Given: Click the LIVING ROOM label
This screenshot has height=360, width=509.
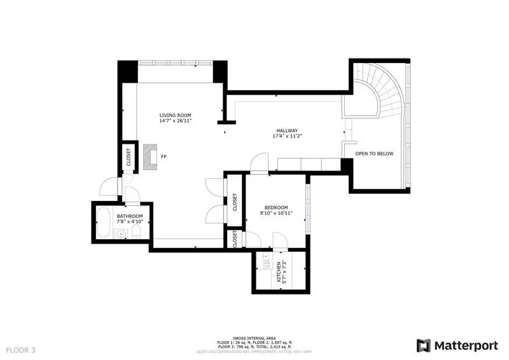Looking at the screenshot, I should point(175,114).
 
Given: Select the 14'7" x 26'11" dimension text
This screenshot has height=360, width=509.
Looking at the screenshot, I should point(175,120).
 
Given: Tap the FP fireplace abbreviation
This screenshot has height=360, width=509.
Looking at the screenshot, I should point(164,156).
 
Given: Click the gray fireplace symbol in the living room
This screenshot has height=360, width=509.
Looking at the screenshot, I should point(150,156).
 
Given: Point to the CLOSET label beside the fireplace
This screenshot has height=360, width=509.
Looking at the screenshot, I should point(128,157).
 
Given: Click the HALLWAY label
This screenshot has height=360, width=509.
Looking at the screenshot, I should point(286,130).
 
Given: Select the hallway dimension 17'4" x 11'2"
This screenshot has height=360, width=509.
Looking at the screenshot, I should point(286,136).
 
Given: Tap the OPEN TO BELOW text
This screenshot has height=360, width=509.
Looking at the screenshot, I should point(374,153).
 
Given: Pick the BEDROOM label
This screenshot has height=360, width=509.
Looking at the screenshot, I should point(276,207).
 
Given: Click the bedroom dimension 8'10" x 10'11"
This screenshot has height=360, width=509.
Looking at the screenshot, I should point(276,213).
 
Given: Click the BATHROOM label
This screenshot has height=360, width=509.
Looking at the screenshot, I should point(130,216).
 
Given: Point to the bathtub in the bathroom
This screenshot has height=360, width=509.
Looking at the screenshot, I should point(104,223).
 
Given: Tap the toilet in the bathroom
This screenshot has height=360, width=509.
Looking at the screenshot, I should point(137,235).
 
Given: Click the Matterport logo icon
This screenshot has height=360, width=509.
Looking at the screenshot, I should point(423,345).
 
